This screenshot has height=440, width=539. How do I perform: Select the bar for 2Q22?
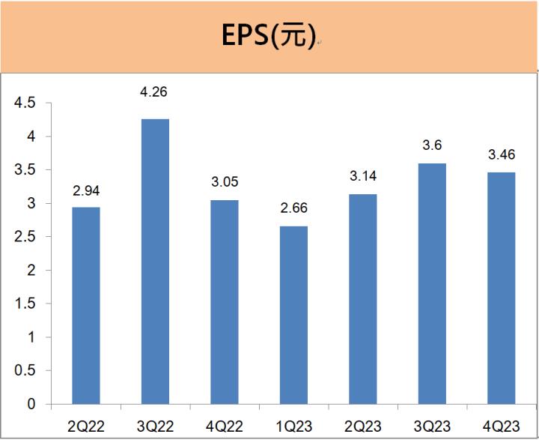pos(86,306)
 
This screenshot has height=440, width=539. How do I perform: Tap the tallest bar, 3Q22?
pos(155,262)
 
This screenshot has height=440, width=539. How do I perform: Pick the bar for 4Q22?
pos(225,302)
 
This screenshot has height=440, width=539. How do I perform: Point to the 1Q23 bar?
pos(293,315)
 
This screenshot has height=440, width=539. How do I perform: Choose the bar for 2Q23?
pos(362,299)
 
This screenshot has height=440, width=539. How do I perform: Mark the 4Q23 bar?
pos(501,289)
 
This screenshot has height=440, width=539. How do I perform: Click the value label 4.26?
pos(155,94)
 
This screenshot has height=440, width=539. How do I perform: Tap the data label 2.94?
pos(86,191)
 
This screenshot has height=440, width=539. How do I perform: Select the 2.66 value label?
pos(293,208)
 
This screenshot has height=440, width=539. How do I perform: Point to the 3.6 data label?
pos(432,145)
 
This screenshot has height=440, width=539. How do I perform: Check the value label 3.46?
pos(501,156)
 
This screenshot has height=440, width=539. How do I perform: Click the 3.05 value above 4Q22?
pos(225,182)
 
